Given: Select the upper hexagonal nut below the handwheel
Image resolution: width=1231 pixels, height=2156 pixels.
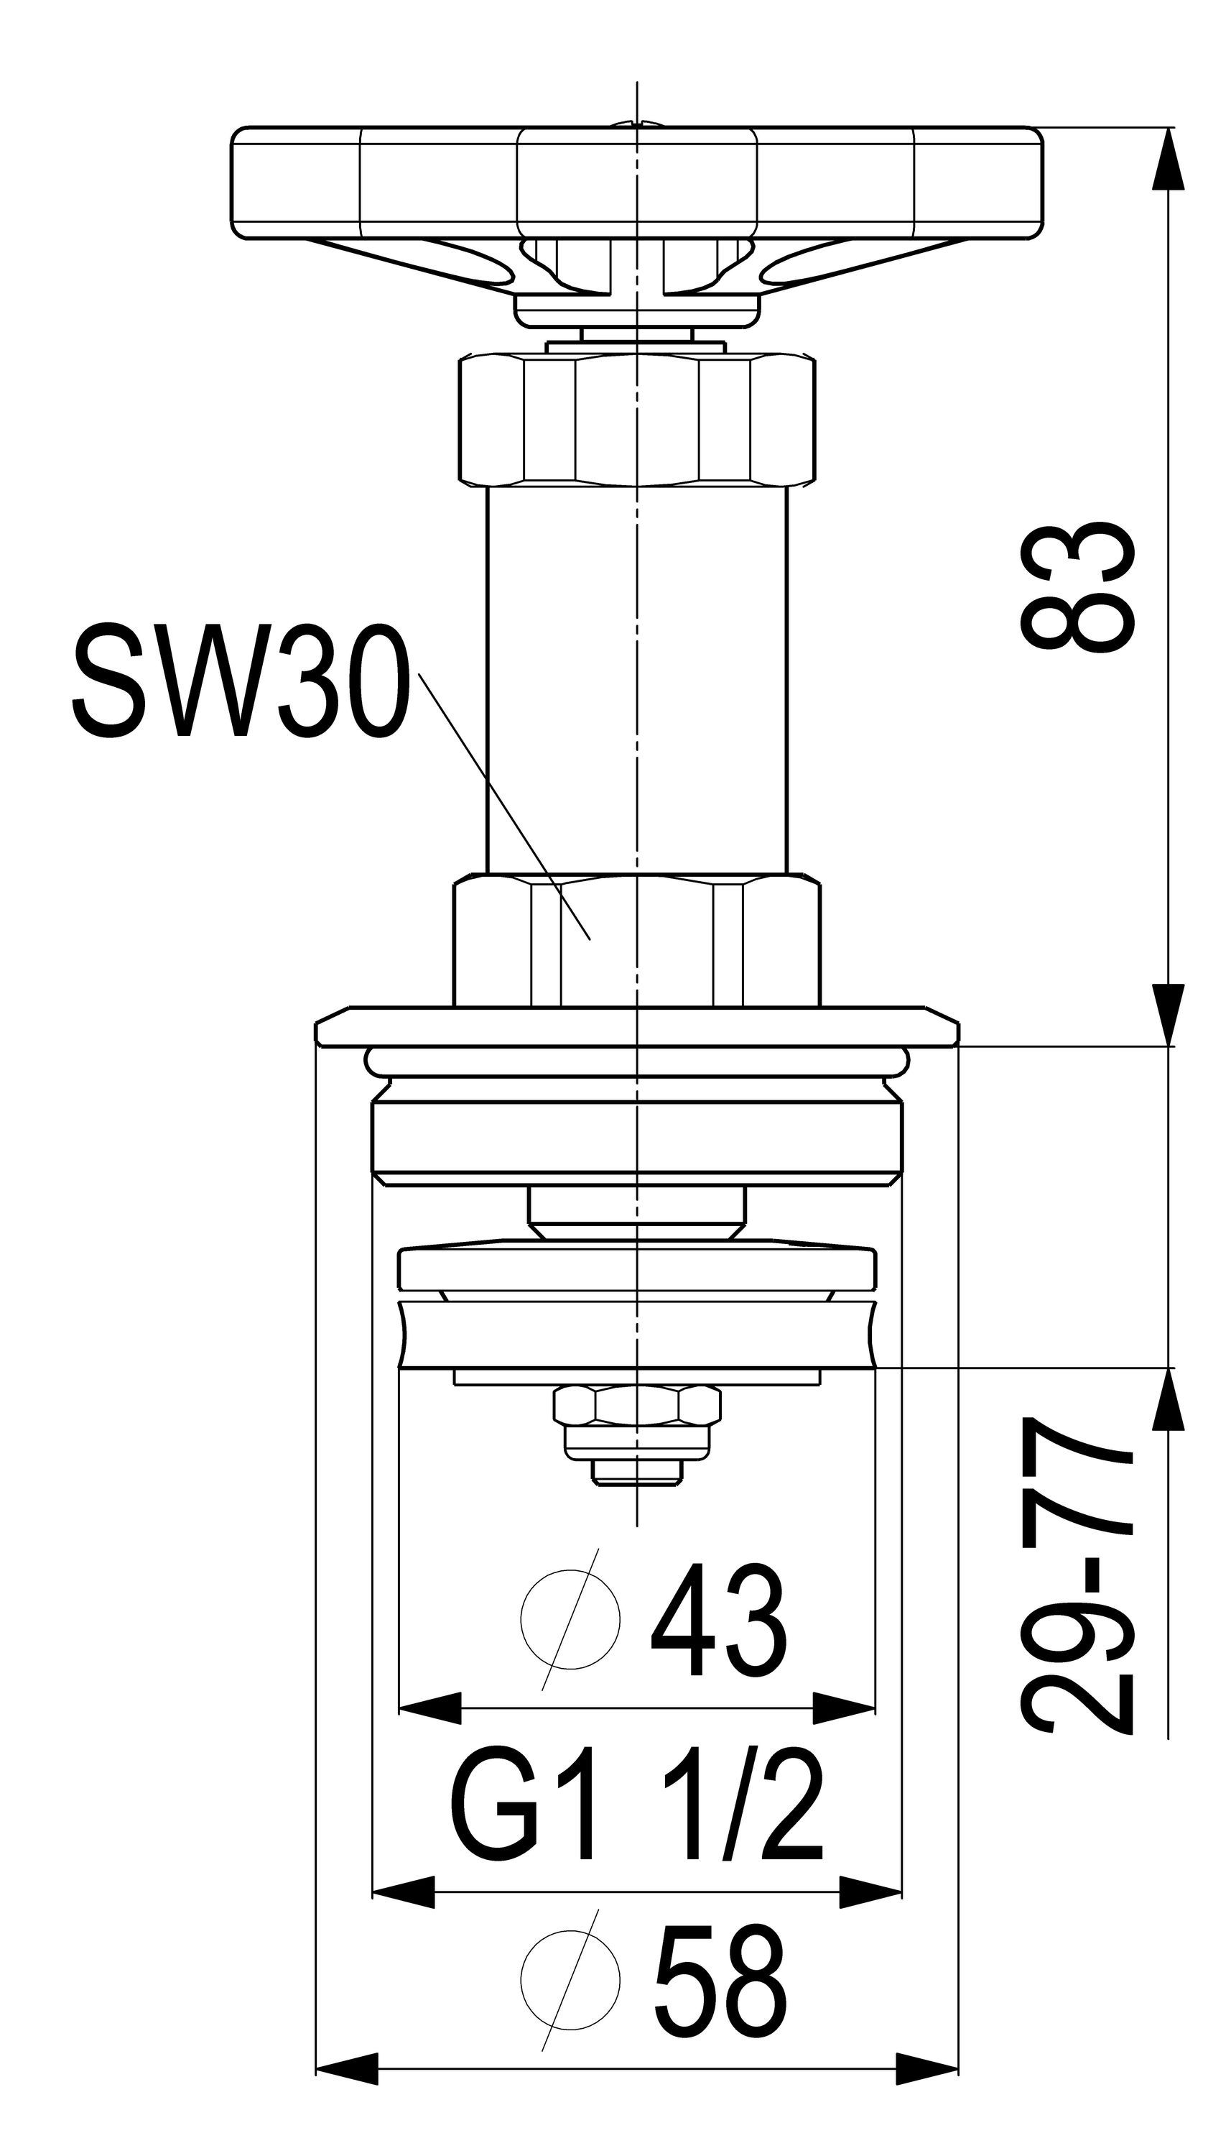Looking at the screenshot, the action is [638, 420].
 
